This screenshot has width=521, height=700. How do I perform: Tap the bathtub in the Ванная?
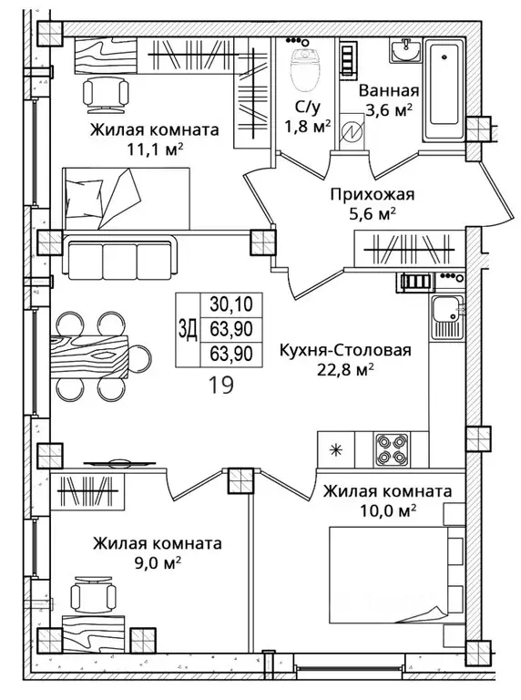click(x=444, y=89)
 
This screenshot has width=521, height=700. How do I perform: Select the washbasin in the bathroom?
click(x=406, y=50)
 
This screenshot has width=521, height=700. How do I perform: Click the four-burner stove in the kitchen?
click(x=391, y=449)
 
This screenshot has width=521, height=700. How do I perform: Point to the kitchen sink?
click(x=447, y=318)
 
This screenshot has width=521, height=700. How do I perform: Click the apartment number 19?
click(x=221, y=385)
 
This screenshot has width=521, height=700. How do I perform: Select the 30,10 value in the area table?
click(x=231, y=304)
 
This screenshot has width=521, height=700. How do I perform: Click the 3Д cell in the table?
click(x=188, y=329)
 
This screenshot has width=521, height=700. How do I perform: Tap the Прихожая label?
click(x=373, y=195)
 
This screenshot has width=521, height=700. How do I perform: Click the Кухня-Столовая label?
click(x=345, y=350)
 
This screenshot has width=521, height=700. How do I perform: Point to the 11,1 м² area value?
click(x=155, y=149)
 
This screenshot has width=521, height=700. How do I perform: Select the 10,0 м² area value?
click(x=388, y=510)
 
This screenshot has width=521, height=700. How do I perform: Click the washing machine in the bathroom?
click(x=352, y=131)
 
